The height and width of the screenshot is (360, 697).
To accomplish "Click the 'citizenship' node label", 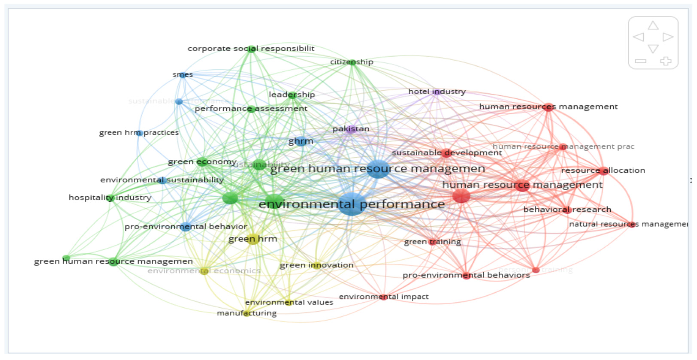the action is [x=351, y=62].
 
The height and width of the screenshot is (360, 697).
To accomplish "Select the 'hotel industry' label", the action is [x=437, y=92].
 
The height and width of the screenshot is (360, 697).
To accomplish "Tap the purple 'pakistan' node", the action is [x=351, y=129].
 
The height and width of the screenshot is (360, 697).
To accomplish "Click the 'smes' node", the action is [x=183, y=75].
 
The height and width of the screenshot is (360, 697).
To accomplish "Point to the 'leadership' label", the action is [x=292, y=95].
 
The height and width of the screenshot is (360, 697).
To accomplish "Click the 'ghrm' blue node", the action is [x=301, y=141].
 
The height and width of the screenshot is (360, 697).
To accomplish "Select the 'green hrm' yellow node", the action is [x=253, y=239].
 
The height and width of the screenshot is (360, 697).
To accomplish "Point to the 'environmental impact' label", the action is [x=384, y=297].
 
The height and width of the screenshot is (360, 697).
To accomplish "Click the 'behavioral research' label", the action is [x=567, y=210].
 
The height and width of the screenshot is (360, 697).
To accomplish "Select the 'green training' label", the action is [x=432, y=242].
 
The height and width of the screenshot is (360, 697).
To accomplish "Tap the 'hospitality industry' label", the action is [x=110, y=198].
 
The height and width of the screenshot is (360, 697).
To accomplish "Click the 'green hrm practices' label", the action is [x=139, y=133].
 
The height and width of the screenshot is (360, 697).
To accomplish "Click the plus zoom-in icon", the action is [x=666, y=61].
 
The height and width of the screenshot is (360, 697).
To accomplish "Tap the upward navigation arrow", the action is [x=653, y=26].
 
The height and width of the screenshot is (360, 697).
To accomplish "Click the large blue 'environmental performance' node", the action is [x=352, y=204].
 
